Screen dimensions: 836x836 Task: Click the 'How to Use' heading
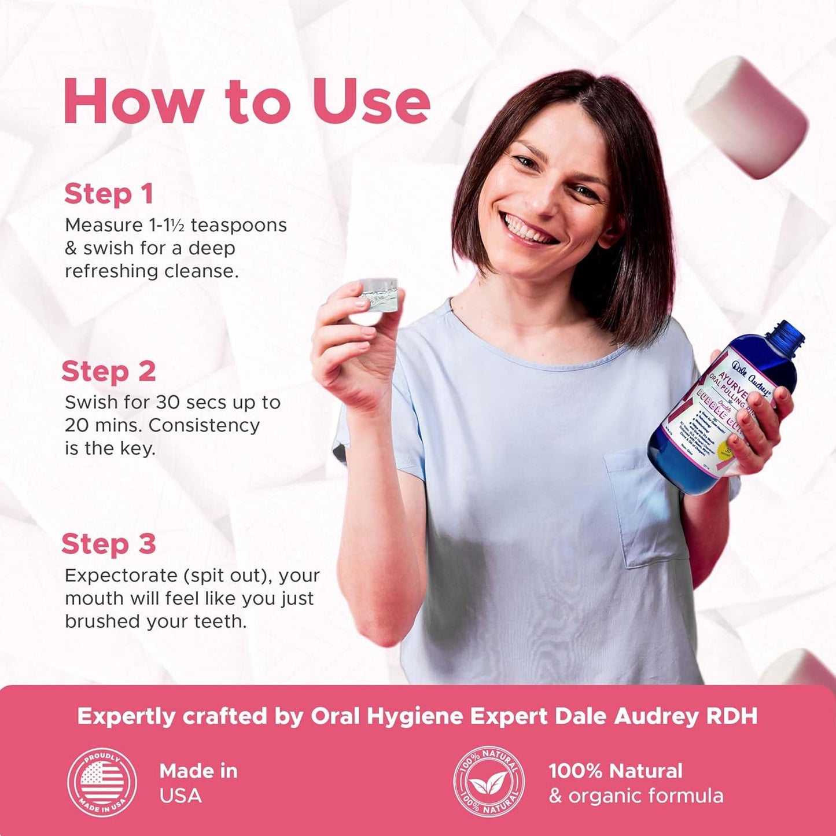[246, 101]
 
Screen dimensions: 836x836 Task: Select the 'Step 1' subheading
[109, 194]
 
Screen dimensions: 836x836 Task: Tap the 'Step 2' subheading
[109, 371]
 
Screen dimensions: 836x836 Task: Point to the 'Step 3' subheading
[109, 544]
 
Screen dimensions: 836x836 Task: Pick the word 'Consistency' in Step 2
[204, 425]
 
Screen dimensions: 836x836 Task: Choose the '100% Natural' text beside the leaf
[616, 771]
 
